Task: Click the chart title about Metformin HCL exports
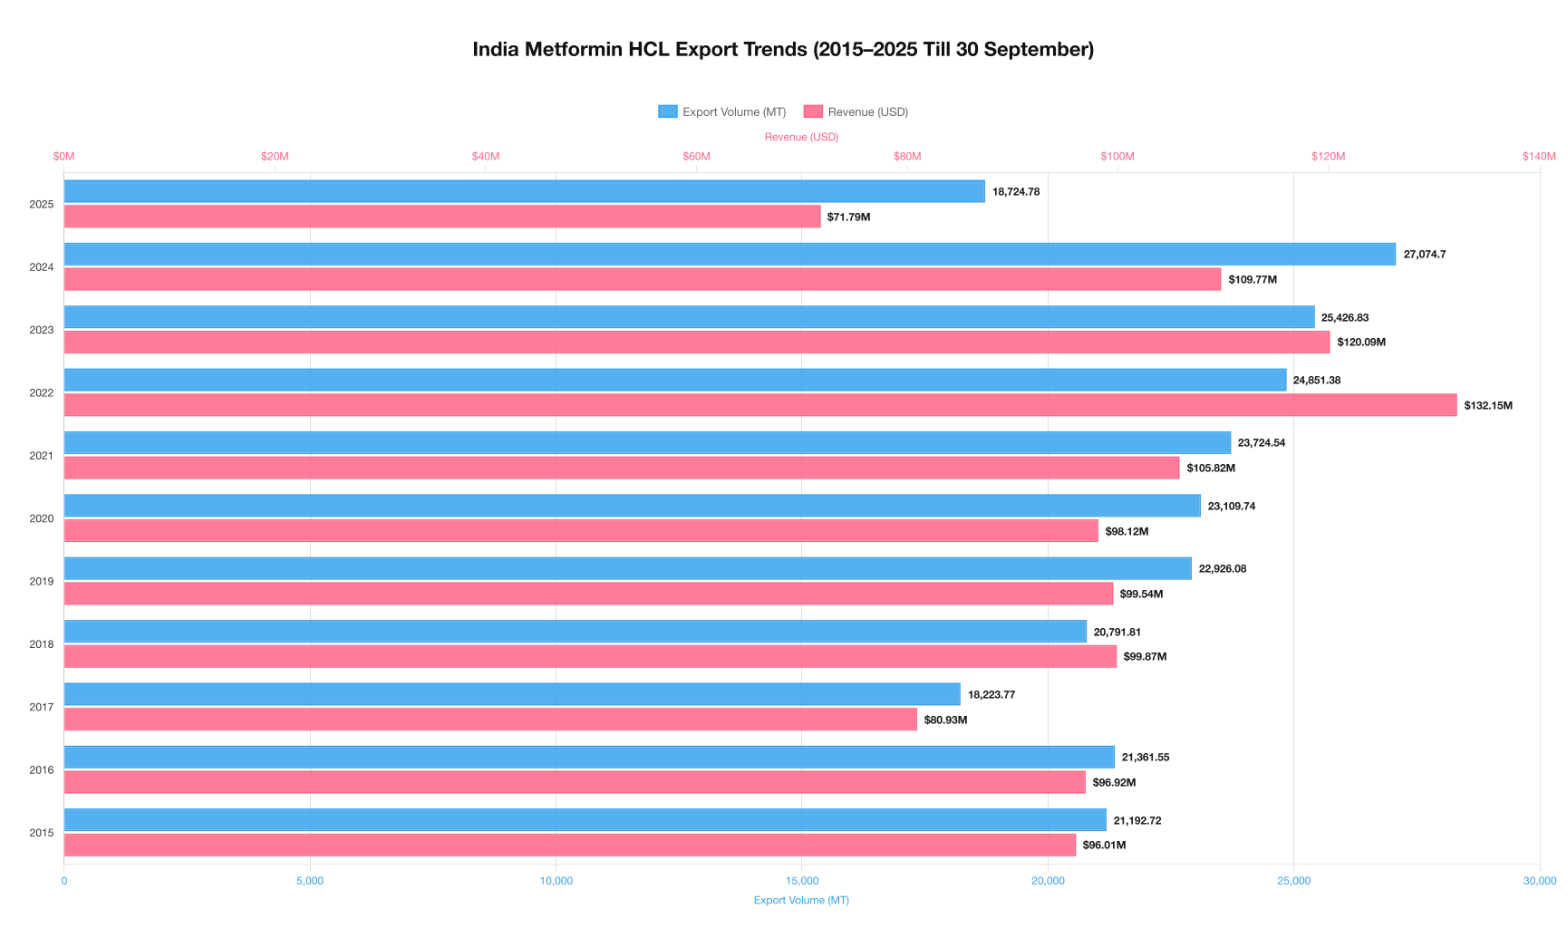[x=783, y=50]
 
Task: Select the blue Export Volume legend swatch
[x=667, y=111]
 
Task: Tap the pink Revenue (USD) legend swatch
[x=812, y=111]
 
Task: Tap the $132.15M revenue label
[x=1487, y=406]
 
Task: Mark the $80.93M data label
[x=945, y=720]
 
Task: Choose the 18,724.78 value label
[x=1015, y=192]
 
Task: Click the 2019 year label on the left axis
[x=42, y=582]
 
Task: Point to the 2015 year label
[x=42, y=833]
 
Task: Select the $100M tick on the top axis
[x=1117, y=157]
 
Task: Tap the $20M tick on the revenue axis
[x=275, y=157]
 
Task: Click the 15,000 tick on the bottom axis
[x=802, y=881]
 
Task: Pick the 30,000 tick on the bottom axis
[x=1539, y=881]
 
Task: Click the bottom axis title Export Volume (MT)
[x=801, y=900]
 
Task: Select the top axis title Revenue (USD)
[x=801, y=137]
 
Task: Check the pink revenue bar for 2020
[x=581, y=531]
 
